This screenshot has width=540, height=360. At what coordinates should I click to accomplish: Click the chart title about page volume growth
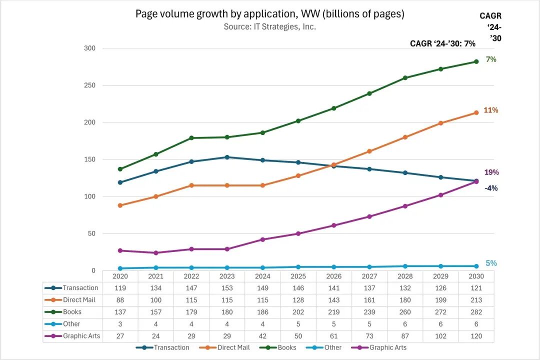click(269, 14)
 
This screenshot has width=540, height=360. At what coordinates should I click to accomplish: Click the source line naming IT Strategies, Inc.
click(269, 26)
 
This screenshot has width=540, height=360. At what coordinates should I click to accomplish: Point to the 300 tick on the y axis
click(90, 48)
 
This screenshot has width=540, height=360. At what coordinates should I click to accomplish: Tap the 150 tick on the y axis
click(90, 159)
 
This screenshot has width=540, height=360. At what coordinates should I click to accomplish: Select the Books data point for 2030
click(476, 61)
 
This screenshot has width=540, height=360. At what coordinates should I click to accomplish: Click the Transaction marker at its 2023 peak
click(227, 157)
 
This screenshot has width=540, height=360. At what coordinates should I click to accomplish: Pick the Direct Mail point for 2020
click(120, 205)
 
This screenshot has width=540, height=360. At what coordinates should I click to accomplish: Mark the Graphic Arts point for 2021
click(155, 253)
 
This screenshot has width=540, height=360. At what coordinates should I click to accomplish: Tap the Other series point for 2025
click(298, 267)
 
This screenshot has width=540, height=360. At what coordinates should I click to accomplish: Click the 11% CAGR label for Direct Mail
click(490, 110)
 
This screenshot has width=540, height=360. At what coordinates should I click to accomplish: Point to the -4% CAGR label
click(490, 188)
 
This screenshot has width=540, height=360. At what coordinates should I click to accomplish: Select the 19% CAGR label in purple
click(491, 172)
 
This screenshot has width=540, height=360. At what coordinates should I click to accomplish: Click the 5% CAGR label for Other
click(491, 263)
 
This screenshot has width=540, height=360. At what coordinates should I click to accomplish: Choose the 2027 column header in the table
click(369, 276)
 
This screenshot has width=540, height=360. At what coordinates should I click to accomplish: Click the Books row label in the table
click(72, 312)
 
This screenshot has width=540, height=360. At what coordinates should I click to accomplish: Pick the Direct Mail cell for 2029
click(440, 300)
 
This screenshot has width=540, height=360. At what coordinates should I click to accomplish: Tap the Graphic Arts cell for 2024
click(262, 336)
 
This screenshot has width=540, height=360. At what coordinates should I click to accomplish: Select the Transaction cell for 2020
click(120, 288)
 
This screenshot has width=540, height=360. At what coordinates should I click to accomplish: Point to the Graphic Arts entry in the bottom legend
click(388, 347)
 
